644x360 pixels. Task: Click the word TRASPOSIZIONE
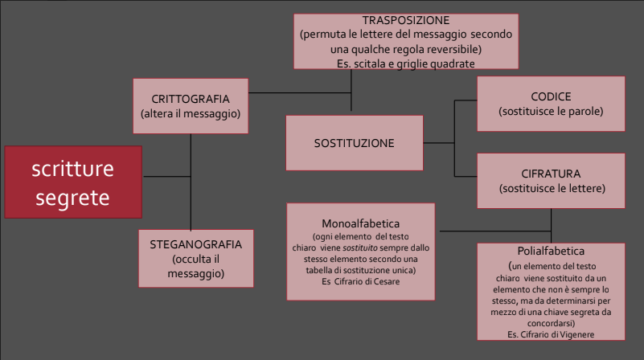click(x=406, y=20)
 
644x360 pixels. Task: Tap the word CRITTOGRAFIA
click(x=191, y=99)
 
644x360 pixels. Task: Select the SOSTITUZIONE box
click(x=355, y=143)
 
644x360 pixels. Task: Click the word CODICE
click(x=552, y=96)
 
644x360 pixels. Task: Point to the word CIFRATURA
click(x=552, y=174)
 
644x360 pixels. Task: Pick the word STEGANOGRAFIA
click(x=196, y=244)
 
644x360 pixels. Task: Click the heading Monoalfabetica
click(x=361, y=223)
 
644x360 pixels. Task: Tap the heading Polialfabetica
click(x=551, y=251)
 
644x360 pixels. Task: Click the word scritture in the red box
click(x=72, y=169)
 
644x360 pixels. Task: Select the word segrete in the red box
click(x=72, y=198)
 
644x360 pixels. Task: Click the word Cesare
click(x=387, y=281)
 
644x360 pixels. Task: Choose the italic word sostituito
click(x=360, y=248)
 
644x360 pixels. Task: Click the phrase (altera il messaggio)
click(x=191, y=114)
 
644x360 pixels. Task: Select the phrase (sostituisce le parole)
click(x=552, y=111)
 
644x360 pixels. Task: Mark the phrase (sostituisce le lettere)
click(x=552, y=188)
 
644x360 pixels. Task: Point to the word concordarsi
click(x=551, y=324)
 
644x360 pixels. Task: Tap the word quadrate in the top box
click(x=455, y=64)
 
